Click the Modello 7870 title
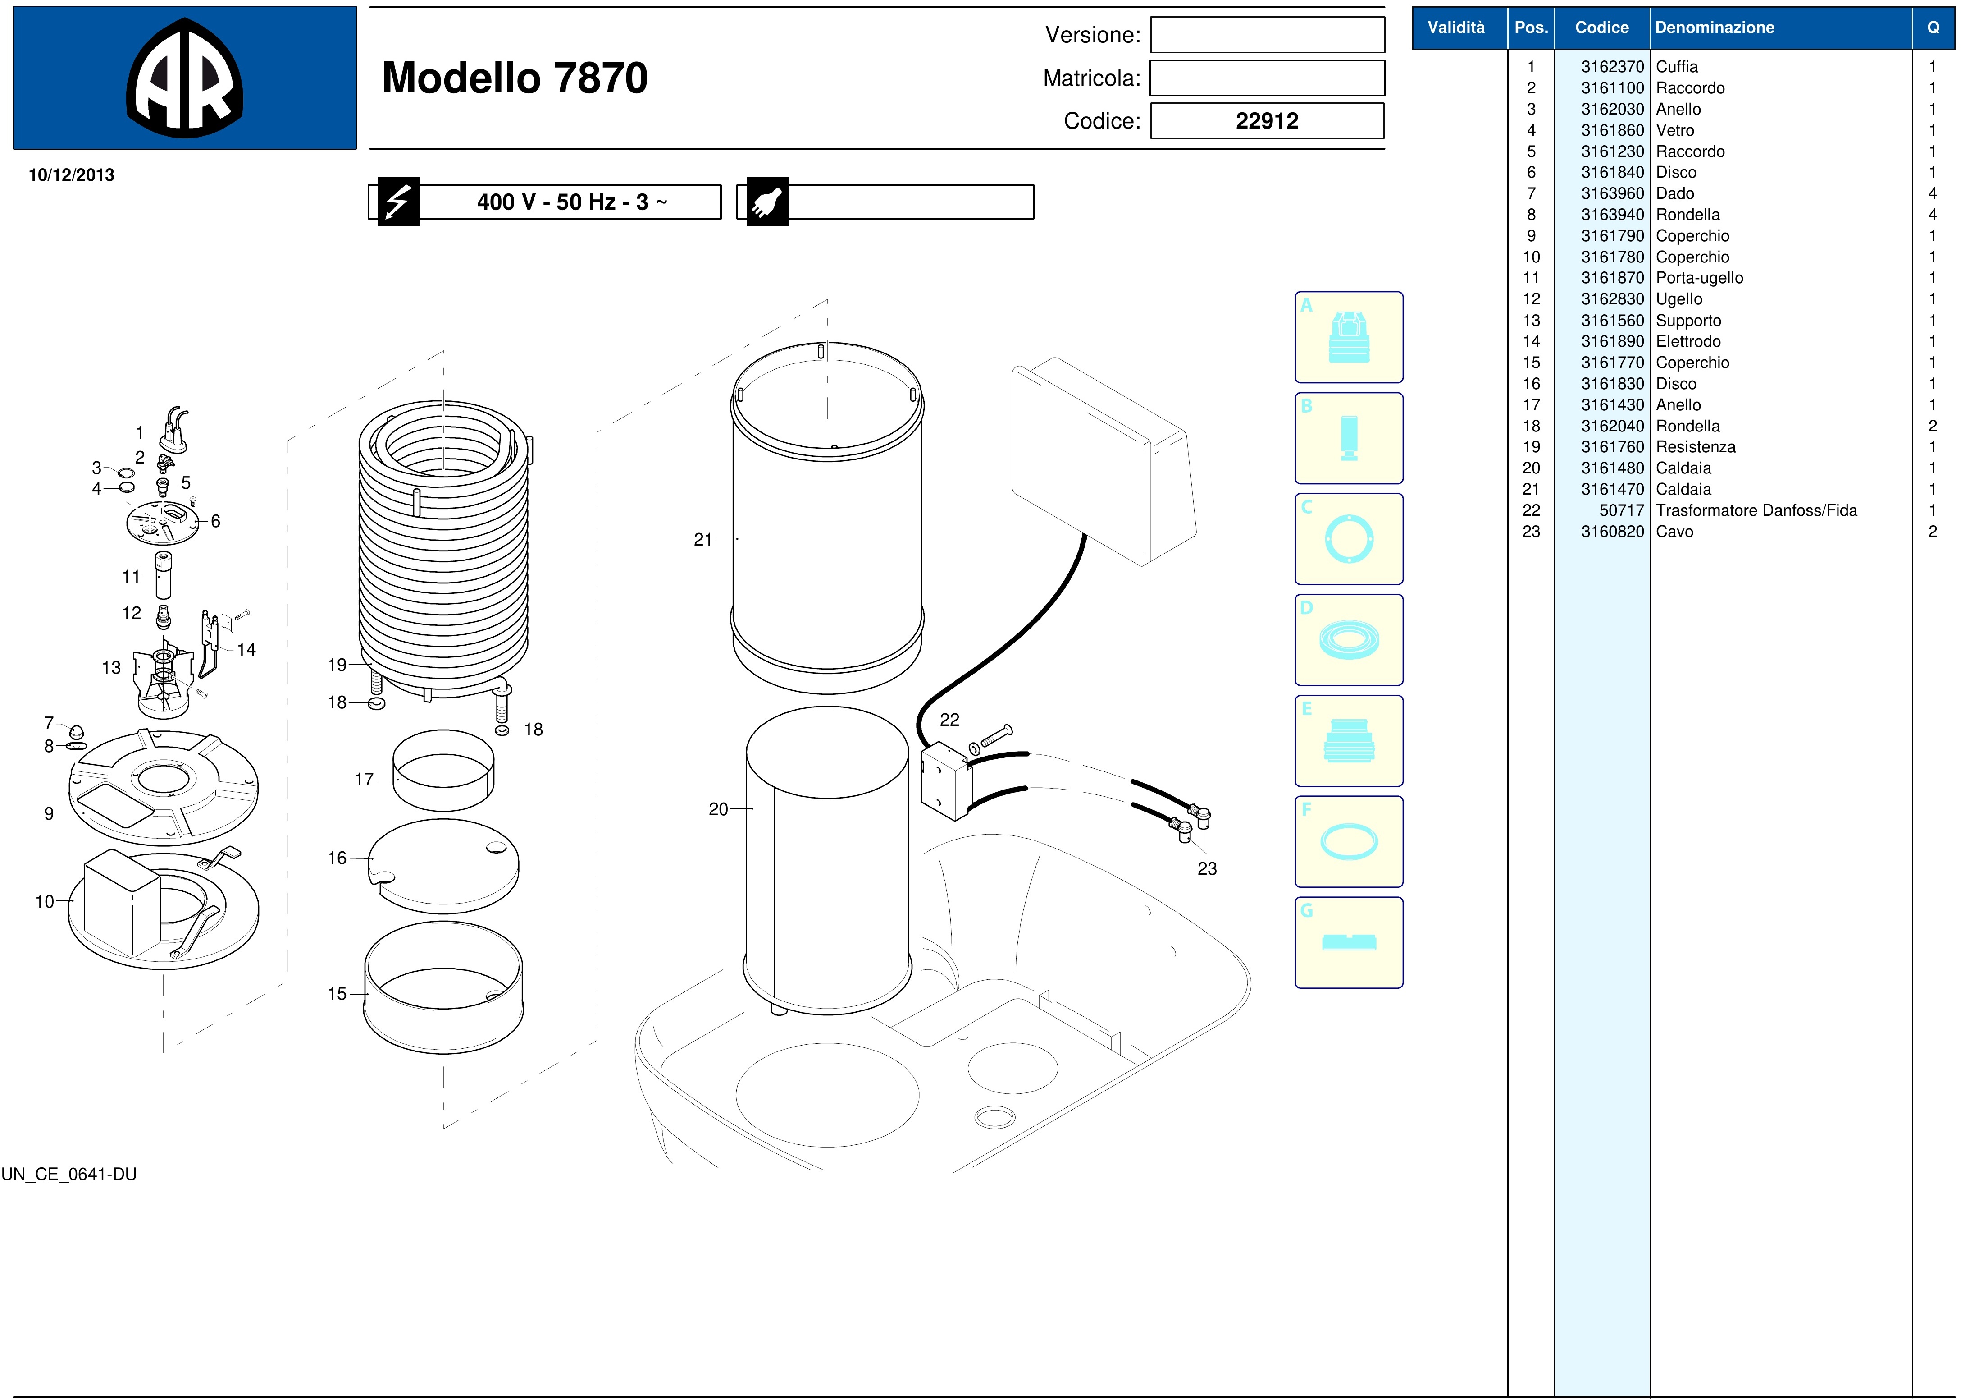[515, 78]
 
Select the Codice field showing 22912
[1267, 121]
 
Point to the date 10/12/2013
[72, 175]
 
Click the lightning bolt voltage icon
[398, 202]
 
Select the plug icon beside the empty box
[767, 202]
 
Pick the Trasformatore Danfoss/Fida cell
[1756, 510]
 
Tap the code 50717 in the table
[1622, 510]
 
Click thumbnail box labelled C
[1348, 539]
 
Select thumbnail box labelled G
[1348, 942]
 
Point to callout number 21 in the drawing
[703, 540]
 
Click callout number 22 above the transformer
[949, 720]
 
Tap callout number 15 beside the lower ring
[337, 994]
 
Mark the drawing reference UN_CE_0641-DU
[69, 1174]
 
